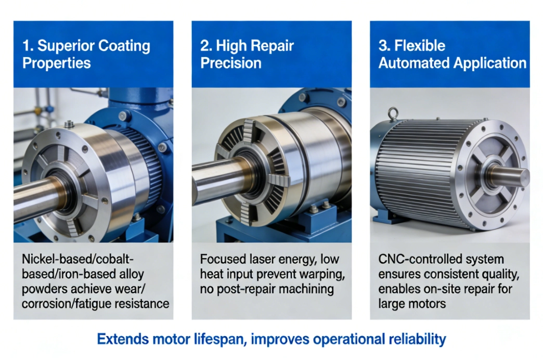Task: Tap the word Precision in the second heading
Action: coord(230,63)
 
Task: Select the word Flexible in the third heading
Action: coord(420,46)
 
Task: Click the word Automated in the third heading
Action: coord(413,63)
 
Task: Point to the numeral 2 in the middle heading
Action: coord(204,46)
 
